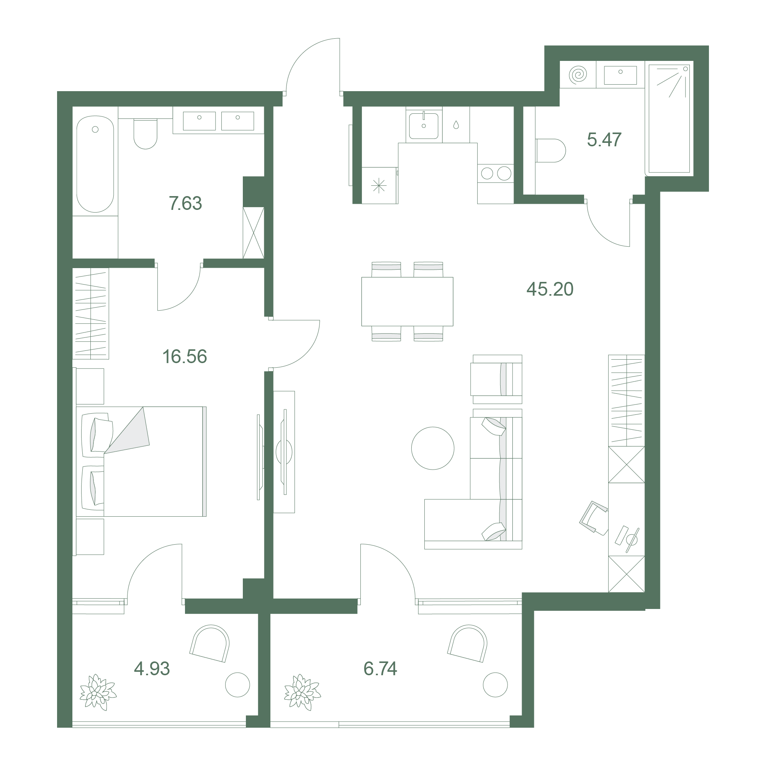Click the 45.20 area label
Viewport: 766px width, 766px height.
point(550,290)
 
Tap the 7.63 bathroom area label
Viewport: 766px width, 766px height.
point(185,203)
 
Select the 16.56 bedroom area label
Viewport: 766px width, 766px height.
point(185,357)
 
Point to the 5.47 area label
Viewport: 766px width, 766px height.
point(604,139)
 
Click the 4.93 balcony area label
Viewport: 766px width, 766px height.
point(152,669)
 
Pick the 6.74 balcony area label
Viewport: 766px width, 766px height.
point(380,669)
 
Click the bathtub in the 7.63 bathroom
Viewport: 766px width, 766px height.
point(95,164)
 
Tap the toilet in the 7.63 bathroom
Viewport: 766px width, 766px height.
point(146,134)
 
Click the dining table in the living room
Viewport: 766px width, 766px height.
point(407,302)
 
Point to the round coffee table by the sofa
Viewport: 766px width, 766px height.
point(432,448)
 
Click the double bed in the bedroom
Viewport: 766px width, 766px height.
point(141,462)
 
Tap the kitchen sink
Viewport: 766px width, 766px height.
point(424,126)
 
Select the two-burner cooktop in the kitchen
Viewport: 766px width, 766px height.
point(496,173)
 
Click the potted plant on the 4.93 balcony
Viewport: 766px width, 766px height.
point(98,692)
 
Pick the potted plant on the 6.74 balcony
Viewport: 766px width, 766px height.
point(303,692)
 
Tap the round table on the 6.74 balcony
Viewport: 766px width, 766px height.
point(495,685)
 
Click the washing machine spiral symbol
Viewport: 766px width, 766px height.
point(578,75)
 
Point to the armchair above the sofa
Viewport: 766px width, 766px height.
point(496,380)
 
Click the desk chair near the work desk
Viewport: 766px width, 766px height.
point(594,518)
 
